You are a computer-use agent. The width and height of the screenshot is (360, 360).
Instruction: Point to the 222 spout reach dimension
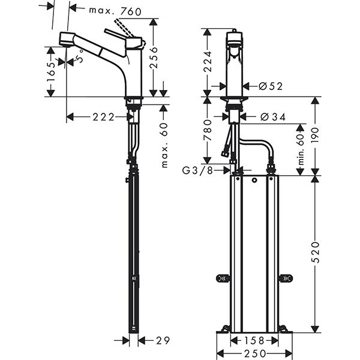pyautogui.click(x=104, y=117)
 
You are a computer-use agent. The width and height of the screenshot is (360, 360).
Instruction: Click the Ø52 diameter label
pyautogui.click(x=271, y=86)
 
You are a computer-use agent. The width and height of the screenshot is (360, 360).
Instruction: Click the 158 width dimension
pyautogui.click(x=253, y=340)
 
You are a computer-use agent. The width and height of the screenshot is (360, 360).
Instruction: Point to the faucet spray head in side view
pyautogui.click(x=66, y=40)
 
